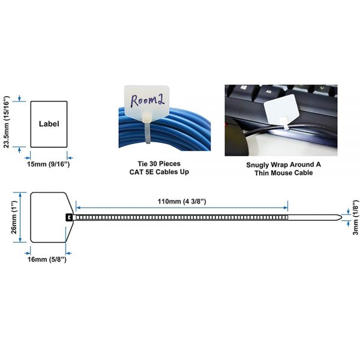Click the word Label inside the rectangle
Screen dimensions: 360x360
coord(49,124)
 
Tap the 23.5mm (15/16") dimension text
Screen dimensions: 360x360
coord(7,124)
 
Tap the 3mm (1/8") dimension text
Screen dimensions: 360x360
coord(356,218)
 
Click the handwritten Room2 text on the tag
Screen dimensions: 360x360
coord(147,100)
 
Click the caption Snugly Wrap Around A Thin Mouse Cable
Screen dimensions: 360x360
coord(280,169)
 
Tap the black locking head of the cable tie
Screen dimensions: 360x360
coord(69,217)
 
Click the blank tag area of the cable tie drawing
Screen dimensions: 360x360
coord(48,217)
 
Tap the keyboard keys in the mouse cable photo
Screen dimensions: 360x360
coord(258,96)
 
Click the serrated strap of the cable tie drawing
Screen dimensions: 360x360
coord(180,217)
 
